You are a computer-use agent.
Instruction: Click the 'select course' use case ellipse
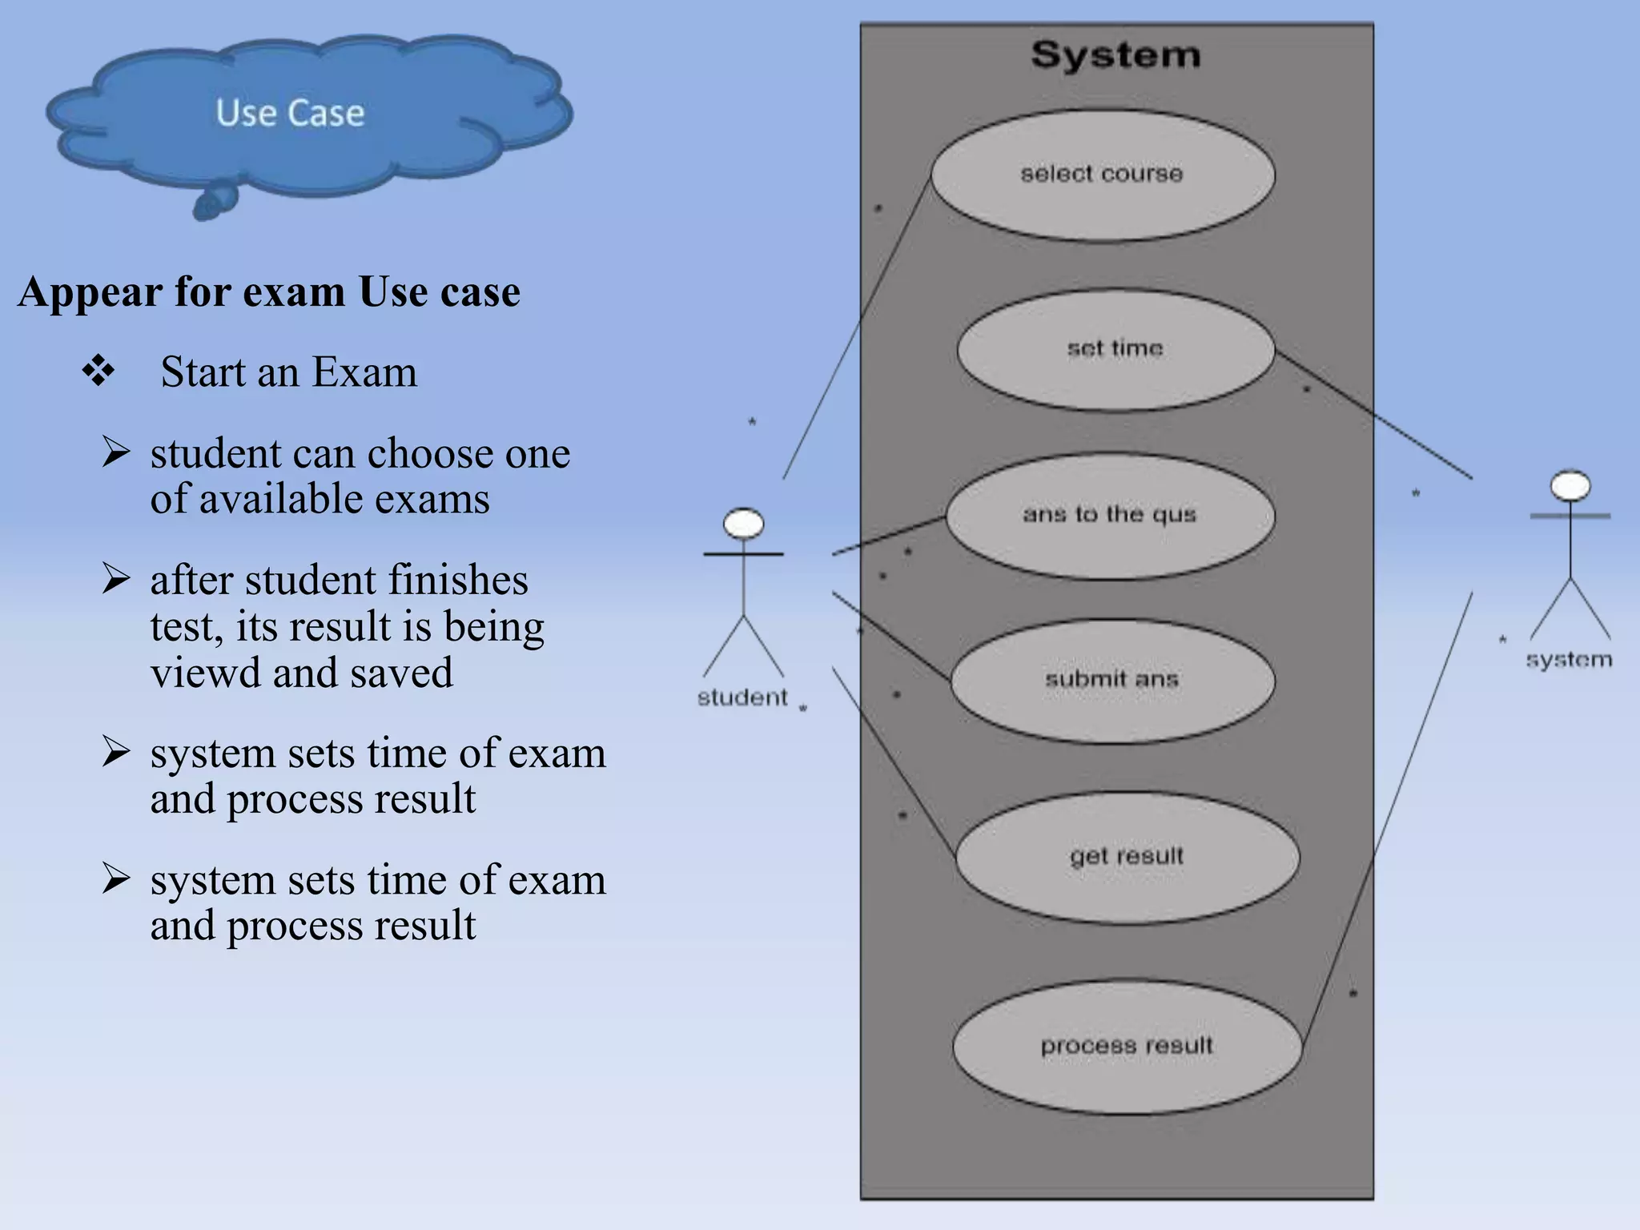(1102, 174)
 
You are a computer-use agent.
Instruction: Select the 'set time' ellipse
(1115, 349)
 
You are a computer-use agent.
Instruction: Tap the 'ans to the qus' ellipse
(1109, 515)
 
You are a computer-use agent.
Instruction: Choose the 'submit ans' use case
(1111, 680)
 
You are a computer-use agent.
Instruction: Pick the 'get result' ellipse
(1127, 856)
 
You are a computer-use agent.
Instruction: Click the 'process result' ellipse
(1127, 1046)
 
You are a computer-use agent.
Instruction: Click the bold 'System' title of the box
(1115, 55)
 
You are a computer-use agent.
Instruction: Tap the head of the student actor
(743, 524)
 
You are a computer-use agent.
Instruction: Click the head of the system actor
(1570, 486)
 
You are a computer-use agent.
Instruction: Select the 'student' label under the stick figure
(742, 697)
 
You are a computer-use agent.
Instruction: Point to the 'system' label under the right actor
(1569, 660)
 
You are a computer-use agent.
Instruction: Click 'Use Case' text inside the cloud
(290, 113)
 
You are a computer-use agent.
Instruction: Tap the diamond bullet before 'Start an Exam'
(98, 371)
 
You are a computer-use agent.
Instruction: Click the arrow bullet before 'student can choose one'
(116, 452)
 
